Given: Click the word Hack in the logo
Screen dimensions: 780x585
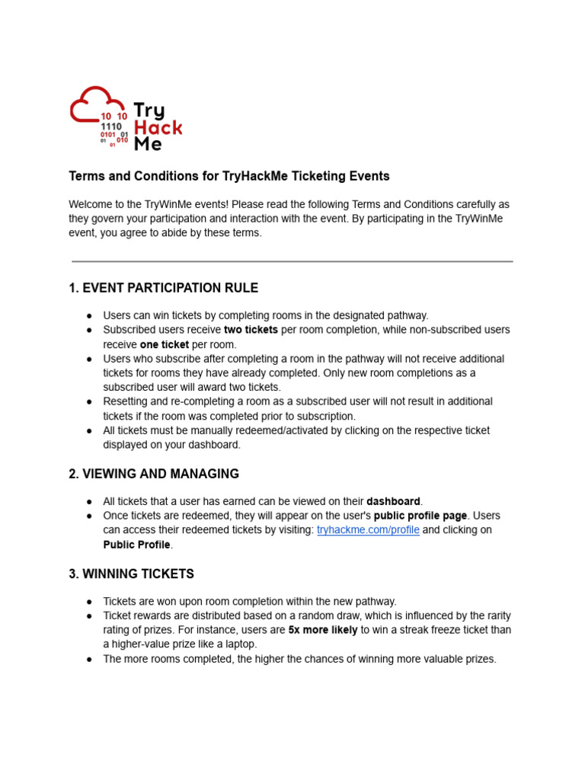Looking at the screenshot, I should (158, 127).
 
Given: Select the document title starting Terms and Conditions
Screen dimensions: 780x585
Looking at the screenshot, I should (229, 176).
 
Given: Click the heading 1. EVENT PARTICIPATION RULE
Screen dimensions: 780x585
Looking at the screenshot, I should (163, 288).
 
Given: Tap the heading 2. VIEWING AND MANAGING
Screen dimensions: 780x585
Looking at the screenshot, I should (153, 474).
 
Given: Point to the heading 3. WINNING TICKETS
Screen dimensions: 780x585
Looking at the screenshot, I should (131, 574).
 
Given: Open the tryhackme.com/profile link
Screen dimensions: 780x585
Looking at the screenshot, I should (368, 530).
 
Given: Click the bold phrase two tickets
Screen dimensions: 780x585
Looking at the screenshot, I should (251, 330).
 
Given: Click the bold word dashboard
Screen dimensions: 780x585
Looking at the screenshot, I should (393, 501).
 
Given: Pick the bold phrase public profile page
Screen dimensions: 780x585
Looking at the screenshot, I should (420, 516).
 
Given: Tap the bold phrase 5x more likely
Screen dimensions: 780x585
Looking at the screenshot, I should (323, 630).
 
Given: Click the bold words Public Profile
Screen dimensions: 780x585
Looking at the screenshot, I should (136, 545).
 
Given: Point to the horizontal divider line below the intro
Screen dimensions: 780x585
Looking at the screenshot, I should (292, 261).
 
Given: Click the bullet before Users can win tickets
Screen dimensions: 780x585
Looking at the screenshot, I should (90, 315).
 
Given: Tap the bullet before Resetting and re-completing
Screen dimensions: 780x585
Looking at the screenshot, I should (90, 401).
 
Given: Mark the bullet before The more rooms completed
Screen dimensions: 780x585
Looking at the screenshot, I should (90, 659).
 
